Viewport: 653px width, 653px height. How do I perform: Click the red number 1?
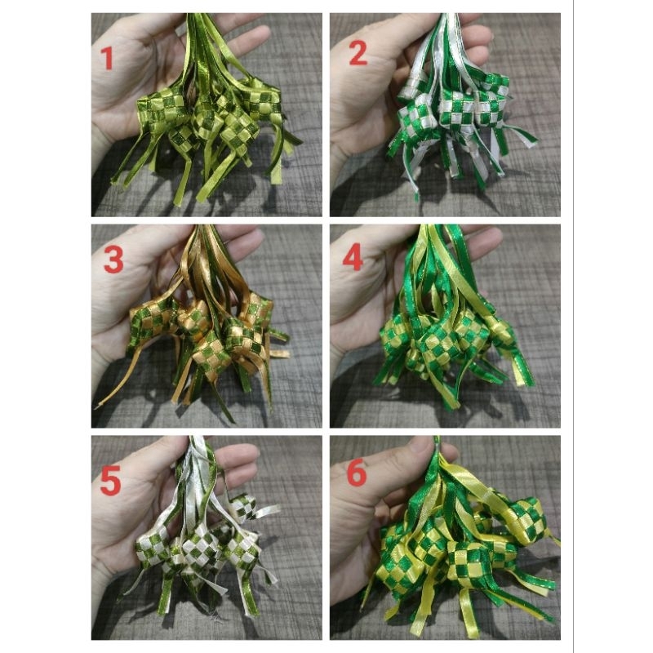[x=107, y=59]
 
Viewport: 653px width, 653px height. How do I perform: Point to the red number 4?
[x=352, y=259]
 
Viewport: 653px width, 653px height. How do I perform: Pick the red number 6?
[x=357, y=474]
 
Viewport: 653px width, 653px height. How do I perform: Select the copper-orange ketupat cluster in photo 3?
[x=212, y=326]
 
